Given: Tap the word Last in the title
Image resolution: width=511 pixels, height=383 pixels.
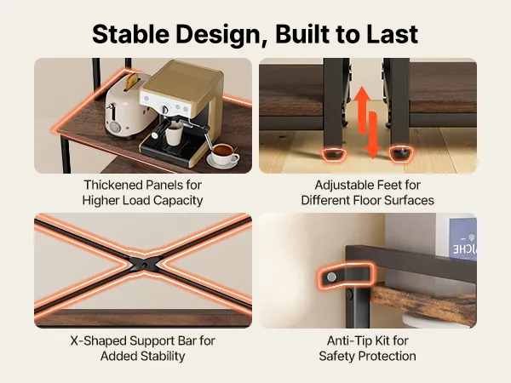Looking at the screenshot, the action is tap(392, 34).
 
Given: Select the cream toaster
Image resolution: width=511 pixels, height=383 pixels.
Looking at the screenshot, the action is tap(125, 106).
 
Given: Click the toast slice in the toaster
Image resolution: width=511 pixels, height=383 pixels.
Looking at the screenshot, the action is tap(131, 82).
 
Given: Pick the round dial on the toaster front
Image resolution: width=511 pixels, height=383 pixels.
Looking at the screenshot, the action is tap(114, 127).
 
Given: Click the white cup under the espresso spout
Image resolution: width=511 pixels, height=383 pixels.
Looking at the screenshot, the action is tap(174, 134).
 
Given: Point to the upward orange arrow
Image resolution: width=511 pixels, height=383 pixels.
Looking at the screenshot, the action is tap(362, 110).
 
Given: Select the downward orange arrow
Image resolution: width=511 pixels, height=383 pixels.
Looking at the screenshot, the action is tap(373, 134).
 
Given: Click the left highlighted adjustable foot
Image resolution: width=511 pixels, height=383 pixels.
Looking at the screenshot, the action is tap(334, 154).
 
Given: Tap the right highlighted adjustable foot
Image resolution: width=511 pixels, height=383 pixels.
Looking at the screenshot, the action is tap(401, 153).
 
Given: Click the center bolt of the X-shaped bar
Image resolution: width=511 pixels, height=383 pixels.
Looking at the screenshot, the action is tap(143, 266).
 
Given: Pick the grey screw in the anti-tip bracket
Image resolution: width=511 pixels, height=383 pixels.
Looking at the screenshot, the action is tap(331, 277).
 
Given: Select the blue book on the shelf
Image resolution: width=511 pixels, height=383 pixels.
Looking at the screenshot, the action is tap(462, 239).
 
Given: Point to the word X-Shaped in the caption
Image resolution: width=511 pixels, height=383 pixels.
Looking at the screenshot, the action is tap(98, 341).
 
